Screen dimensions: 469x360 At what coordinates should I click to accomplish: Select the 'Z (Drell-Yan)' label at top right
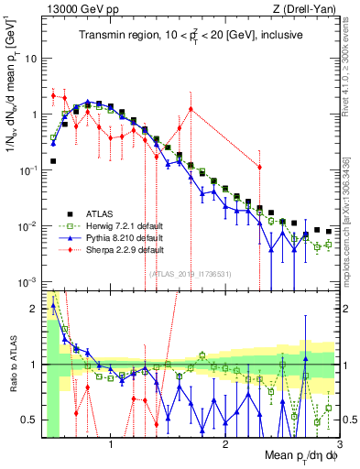[303, 8]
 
